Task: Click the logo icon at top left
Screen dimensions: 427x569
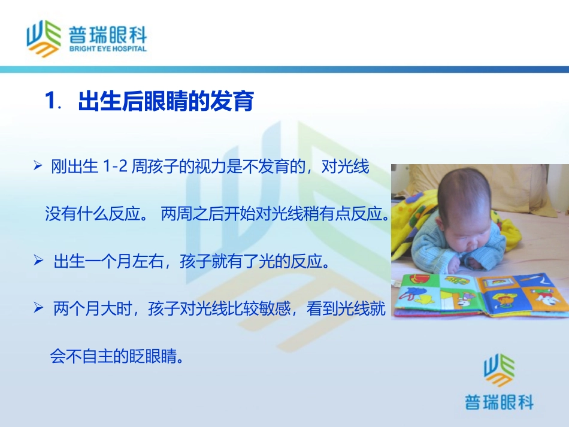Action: pos(43,38)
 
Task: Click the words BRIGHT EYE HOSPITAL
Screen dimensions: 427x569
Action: pos(107,49)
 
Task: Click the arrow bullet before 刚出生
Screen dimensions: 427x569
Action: pos(38,165)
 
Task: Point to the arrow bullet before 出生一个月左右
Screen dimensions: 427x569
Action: pos(38,261)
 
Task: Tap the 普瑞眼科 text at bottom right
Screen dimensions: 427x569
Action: pos(499,402)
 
